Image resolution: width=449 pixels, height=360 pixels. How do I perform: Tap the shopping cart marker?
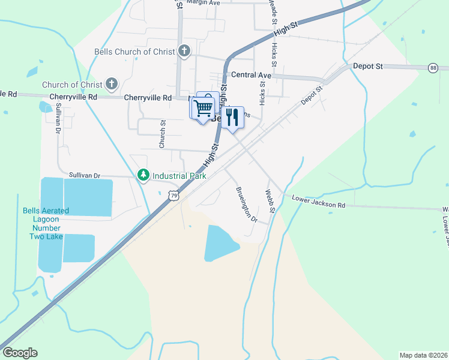[203, 108]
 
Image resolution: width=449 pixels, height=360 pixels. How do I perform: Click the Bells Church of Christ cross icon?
[184, 52]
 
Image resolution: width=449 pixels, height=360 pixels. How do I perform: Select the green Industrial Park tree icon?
[143, 175]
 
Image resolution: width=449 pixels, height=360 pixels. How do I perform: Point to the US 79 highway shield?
[173, 196]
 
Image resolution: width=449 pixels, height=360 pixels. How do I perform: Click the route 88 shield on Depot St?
[433, 68]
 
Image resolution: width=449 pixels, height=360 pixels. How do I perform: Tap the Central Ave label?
[251, 76]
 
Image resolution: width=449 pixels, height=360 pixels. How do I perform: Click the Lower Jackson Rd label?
[318, 202]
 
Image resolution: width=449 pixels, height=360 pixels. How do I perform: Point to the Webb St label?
[270, 202]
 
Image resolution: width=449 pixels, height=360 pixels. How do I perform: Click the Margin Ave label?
[203, 3]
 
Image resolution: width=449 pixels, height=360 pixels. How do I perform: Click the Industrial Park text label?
[179, 176]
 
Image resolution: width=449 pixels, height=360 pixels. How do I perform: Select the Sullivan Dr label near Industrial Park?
[84, 175]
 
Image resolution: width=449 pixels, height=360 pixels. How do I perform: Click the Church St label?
[162, 134]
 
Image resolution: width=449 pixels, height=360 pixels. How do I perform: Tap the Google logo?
[20, 353]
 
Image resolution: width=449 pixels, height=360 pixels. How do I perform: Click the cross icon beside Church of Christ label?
[111, 84]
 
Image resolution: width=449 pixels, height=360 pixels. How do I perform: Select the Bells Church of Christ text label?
[134, 52]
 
